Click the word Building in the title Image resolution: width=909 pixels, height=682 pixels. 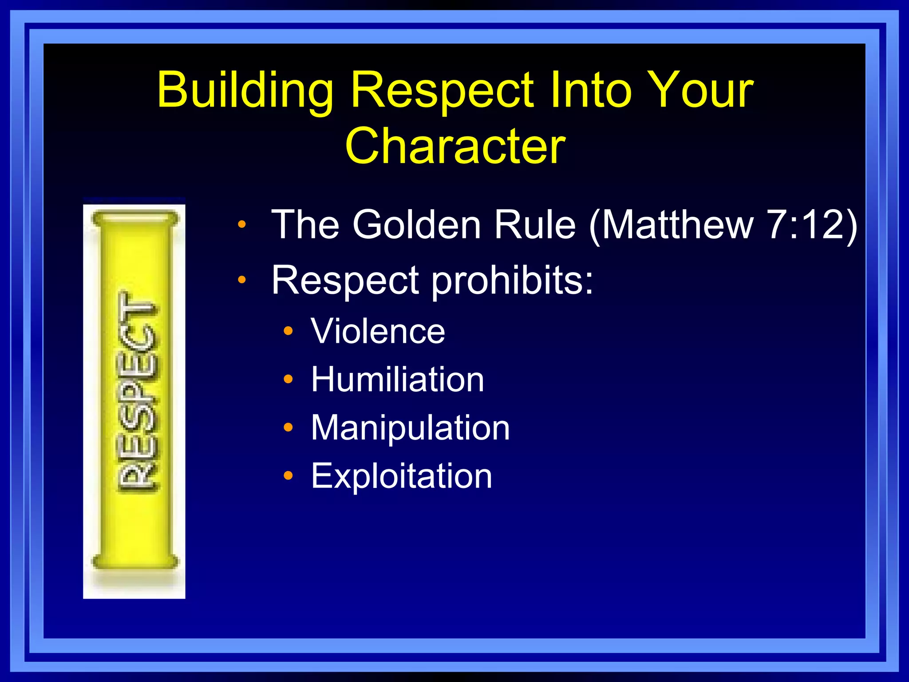click(245, 91)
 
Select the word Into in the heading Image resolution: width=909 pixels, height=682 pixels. click(590, 90)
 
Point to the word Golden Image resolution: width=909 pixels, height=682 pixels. click(417, 225)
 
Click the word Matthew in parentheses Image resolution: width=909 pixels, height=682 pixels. click(676, 225)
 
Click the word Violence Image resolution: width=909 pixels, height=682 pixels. click(378, 331)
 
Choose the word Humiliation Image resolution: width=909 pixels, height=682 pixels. click(397, 380)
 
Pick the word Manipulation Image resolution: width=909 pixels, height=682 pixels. click(410, 428)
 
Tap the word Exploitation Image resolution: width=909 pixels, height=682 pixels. click(401, 476)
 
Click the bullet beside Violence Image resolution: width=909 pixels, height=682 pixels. click(289, 331)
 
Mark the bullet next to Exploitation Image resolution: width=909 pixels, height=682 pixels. click(289, 476)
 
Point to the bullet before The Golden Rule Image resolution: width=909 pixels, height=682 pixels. click(241, 224)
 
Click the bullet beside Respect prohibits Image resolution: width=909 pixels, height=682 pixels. click(241, 280)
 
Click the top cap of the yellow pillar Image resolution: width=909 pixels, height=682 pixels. click(135, 219)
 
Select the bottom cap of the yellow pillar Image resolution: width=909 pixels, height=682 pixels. click(135, 561)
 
